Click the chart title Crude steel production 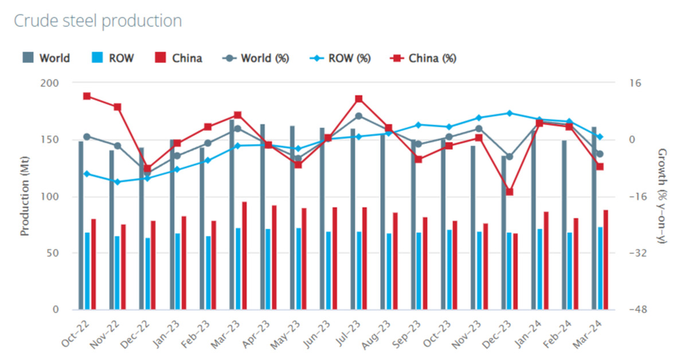point(97,21)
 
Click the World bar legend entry point(46,58)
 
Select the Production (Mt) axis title point(25,196)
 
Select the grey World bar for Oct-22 point(81,225)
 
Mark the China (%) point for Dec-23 point(509,192)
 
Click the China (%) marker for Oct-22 point(87,96)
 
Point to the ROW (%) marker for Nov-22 point(117,182)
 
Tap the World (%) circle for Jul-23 point(359,116)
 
